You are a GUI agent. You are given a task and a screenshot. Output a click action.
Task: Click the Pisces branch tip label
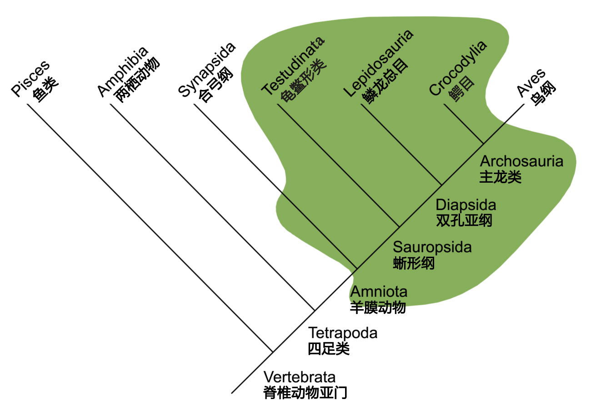click(30, 79)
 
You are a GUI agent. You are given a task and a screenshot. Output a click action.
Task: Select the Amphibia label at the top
click(123, 72)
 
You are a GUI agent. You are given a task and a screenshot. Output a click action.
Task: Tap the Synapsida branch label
click(206, 70)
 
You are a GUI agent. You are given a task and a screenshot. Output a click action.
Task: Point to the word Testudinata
click(293, 66)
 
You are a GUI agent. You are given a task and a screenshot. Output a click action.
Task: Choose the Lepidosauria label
click(378, 63)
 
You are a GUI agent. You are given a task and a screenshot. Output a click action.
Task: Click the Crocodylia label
click(458, 68)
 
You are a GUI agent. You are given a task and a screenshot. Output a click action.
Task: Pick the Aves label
click(531, 83)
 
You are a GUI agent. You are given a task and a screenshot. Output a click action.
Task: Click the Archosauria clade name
click(521, 161)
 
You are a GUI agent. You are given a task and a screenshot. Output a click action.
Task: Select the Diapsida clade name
click(466, 205)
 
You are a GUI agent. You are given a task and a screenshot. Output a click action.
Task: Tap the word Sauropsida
click(432, 248)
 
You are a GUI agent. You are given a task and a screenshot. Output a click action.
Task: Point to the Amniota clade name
click(379, 292)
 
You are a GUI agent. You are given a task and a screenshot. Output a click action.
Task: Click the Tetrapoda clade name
click(343, 333)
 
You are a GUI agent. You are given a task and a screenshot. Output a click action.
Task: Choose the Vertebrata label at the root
click(300, 377)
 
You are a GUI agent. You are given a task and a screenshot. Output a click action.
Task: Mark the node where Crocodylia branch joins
click(483, 144)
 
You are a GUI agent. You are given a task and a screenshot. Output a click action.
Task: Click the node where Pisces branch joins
click(273, 352)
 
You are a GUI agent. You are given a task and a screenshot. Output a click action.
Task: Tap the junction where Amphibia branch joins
click(315, 310)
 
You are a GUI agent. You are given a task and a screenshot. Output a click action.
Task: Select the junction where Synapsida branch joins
click(357, 269)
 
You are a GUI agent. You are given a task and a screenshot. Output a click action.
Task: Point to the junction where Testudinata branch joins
click(399, 226)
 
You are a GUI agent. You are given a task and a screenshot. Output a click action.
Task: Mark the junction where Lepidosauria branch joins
click(441, 185)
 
